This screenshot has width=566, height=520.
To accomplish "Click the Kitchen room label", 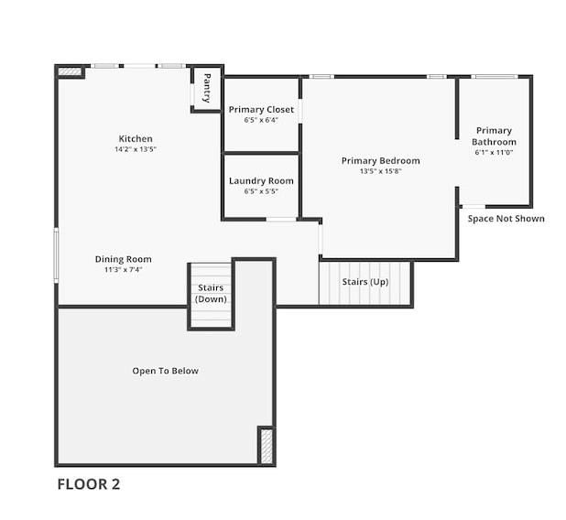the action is [x=136, y=138].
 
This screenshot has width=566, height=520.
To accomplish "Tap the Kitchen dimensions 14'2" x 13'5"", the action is [x=136, y=149].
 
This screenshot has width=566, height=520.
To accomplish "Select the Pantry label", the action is [x=207, y=88].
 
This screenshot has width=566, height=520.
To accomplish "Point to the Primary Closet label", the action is [x=261, y=110].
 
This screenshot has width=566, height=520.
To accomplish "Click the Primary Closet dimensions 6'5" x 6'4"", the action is [x=261, y=120].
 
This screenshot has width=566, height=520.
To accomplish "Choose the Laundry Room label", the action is [x=261, y=180].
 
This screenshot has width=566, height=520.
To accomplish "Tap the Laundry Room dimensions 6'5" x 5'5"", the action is [x=261, y=191].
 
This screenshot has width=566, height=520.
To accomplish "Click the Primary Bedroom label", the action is [x=380, y=161].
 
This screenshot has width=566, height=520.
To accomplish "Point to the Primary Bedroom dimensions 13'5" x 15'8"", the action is [x=380, y=171].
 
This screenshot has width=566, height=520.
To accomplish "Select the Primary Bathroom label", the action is [x=494, y=136].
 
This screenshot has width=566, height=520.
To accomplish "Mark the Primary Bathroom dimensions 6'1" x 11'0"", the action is [x=494, y=152].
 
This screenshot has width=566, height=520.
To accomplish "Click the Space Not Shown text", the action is [x=506, y=219].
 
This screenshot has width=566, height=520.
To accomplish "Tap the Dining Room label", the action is [x=123, y=259].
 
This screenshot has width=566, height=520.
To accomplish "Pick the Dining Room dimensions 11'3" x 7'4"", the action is [x=123, y=269].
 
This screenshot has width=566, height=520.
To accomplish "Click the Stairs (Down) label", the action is [x=211, y=293].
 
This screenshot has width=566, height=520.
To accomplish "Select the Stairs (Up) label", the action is [x=365, y=282].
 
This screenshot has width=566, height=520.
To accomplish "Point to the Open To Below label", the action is [x=166, y=371].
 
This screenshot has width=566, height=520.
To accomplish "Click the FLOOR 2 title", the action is [x=89, y=484].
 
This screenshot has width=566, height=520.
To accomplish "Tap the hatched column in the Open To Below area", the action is [x=267, y=446].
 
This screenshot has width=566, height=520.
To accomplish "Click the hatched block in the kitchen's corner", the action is [x=70, y=71].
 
